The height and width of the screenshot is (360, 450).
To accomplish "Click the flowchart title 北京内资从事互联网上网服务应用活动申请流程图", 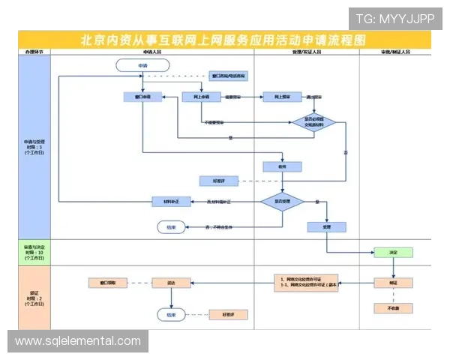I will tap(225, 40).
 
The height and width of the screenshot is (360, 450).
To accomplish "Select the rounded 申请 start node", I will tap(142, 66).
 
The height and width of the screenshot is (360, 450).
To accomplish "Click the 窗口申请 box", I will tap(142, 97).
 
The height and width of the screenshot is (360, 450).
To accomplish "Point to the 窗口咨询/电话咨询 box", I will tap(228, 76).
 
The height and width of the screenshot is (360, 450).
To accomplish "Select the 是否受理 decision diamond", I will tap(281, 202).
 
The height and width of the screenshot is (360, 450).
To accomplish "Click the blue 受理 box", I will tap(326, 226).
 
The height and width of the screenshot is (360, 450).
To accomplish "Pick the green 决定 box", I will tap(392, 253).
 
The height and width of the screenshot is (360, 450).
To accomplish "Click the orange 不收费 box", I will tap(392, 308).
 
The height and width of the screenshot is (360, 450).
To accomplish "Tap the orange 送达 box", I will tap(171, 283).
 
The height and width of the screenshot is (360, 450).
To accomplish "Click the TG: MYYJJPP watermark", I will tap(394, 18).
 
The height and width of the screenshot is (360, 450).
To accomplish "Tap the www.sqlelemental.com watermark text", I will tap(78, 341).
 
